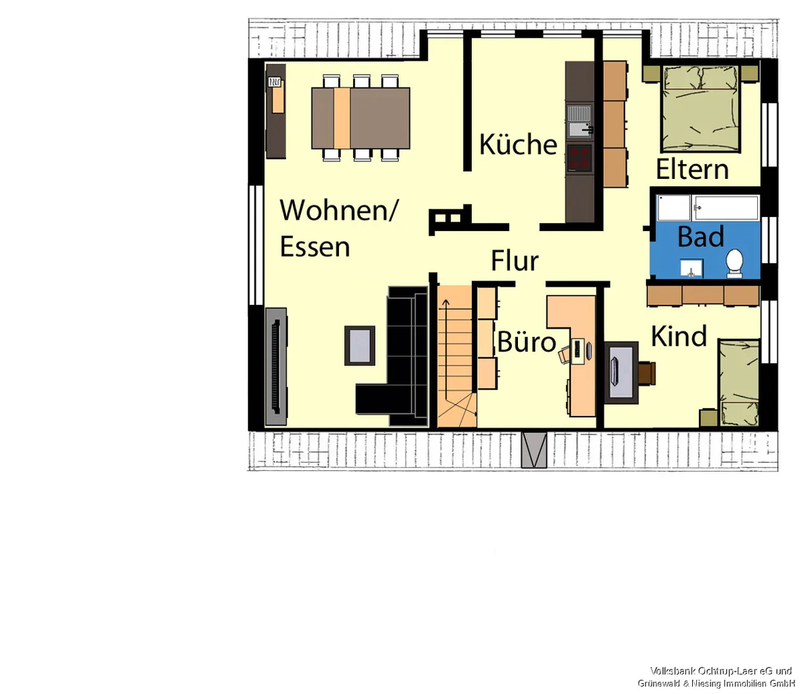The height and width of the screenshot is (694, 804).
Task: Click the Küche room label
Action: (x=518, y=144)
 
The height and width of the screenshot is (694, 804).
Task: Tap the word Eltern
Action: (x=692, y=169)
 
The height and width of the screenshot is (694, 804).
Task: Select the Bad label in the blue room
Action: (x=701, y=237)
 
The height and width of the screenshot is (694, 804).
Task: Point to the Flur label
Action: (x=515, y=260)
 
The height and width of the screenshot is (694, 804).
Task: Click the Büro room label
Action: (x=527, y=342)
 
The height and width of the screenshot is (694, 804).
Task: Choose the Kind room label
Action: (x=679, y=336)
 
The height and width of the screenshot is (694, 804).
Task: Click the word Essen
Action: (x=315, y=247)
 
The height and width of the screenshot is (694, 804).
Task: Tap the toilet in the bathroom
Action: (x=734, y=264)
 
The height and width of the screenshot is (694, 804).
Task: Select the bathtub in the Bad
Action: (x=708, y=207)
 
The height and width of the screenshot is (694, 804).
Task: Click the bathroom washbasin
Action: (x=691, y=268)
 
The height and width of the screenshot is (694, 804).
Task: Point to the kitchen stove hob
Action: (x=580, y=158)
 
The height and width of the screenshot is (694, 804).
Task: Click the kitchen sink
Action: (x=580, y=121)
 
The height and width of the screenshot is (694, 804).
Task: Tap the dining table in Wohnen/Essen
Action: (x=361, y=119)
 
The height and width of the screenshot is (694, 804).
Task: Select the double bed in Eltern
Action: (x=700, y=108)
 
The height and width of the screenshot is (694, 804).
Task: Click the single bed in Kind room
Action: (x=739, y=382)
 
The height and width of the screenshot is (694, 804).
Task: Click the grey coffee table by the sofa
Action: (x=359, y=346)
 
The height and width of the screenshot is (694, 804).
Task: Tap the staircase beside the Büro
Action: (x=455, y=356)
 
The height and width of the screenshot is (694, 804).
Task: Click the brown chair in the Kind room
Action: (x=647, y=373)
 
